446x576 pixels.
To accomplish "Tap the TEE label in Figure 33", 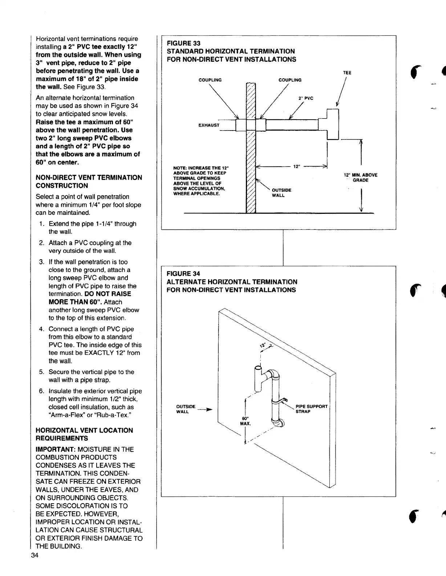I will tap(347, 73).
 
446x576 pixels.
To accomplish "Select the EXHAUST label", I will tap(209, 125).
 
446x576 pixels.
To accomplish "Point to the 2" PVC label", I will tap(306, 98).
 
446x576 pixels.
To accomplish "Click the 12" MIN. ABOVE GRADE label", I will tap(360, 177).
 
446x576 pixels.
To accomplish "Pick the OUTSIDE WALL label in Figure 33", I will tap(281, 193).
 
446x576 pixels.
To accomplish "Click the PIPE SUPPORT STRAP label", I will tap(311, 409).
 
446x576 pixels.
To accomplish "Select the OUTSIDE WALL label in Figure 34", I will tap(186, 409).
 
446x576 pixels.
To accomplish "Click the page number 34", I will tap(35, 565).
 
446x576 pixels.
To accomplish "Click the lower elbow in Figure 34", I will tap(279, 423).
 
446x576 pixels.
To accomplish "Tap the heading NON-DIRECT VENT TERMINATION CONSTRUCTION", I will tap(89, 181).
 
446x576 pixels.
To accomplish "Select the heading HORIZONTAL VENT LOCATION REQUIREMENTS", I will tap(84, 434).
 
